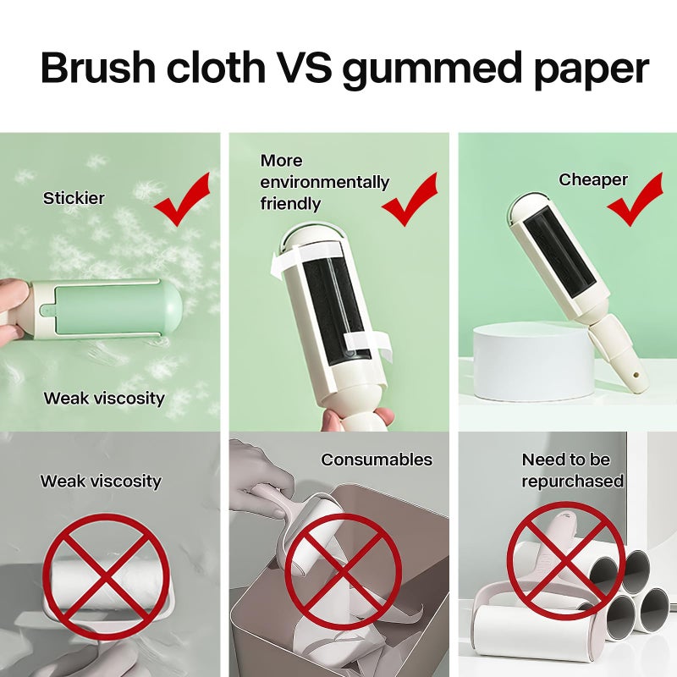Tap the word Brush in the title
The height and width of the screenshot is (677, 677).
[x=98, y=67]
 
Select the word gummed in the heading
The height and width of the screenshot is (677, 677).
[x=432, y=70]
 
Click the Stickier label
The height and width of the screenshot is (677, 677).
[x=74, y=198]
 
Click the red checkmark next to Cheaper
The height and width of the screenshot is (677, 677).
[x=635, y=199]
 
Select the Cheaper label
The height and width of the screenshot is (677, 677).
[x=593, y=179]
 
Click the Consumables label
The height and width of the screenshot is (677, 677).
[x=377, y=460]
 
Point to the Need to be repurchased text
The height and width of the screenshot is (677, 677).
[x=573, y=471]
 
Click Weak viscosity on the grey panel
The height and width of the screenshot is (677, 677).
[x=101, y=481]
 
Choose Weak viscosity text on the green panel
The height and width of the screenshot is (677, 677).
[x=104, y=398]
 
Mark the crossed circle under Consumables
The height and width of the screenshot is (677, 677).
[x=344, y=573]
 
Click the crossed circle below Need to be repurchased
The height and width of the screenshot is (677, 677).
[x=566, y=561]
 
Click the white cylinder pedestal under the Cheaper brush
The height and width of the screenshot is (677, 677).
[x=534, y=362]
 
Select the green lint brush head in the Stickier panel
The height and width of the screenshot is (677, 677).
[x=107, y=310]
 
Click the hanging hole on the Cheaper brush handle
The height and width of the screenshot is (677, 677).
[x=636, y=376]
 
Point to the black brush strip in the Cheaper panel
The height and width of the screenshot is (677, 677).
[x=561, y=251]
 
